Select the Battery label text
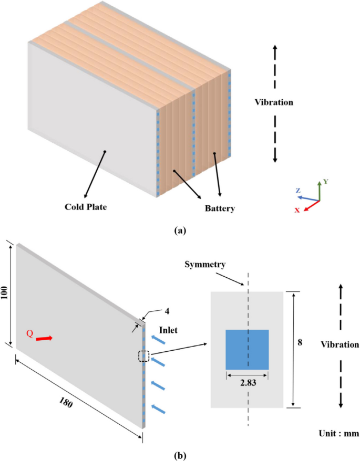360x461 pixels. pos(219,208)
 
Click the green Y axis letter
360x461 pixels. pos(325,181)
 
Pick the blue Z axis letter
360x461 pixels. pos(297,192)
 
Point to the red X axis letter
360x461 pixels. pos(297,209)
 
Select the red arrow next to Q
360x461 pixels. pos(44,339)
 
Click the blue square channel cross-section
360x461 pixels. pos(247,349)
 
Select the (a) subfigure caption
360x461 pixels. pos(180,230)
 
